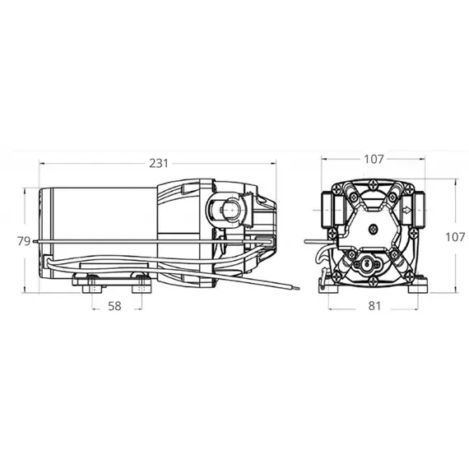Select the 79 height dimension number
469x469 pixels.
[24, 241]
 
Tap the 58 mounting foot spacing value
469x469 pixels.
[114, 306]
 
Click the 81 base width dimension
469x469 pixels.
[374, 306]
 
